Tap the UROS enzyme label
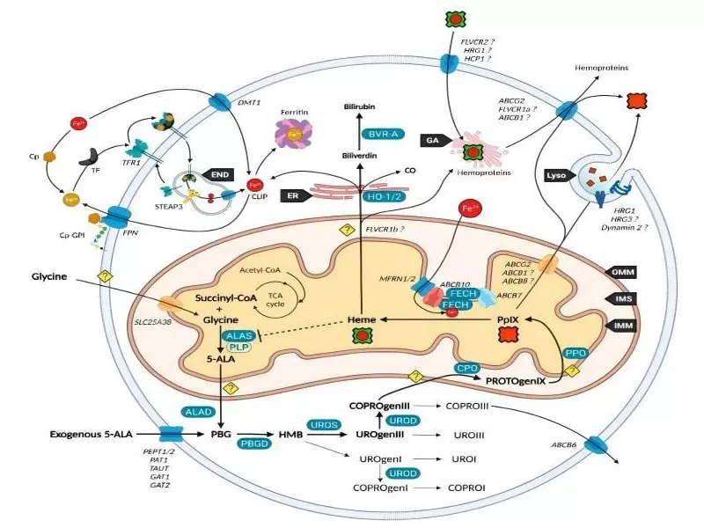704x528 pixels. [x=323, y=424]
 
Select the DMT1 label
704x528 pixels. [x=250, y=105]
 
